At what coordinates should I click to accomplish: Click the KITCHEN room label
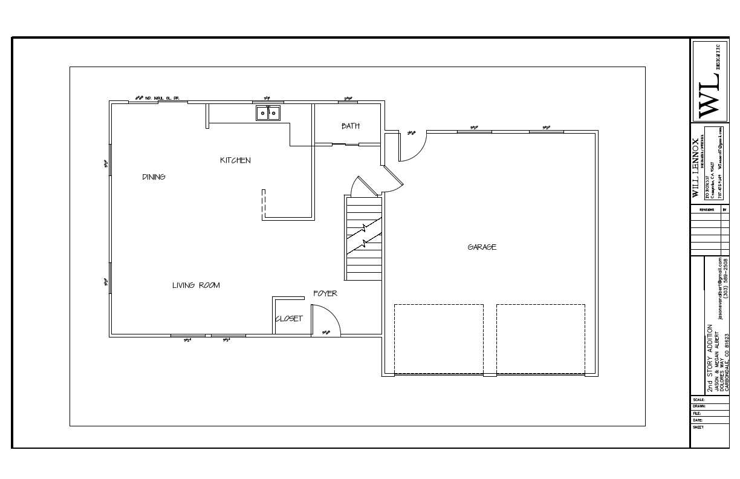pyautogui.click(x=235, y=160)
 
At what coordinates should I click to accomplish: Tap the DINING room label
pyautogui.click(x=154, y=177)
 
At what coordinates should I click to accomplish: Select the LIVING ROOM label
pyautogui.click(x=196, y=285)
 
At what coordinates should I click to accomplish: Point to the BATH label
pyautogui.click(x=350, y=126)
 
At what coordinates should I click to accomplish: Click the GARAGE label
pyautogui.click(x=482, y=247)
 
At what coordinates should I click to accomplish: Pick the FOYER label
pyautogui.click(x=325, y=293)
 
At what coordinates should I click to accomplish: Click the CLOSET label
pyautogui.click(x=289, y=319)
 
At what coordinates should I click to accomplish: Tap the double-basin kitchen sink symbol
pyautogui.click(x=268, y=112)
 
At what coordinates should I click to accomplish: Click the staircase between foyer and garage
pyautogui.click(x=364, y=237)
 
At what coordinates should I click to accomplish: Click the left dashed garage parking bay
pyautogui.click(x=439, y=339)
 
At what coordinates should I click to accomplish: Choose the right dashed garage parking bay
pyautogui.click(x=540, y=339)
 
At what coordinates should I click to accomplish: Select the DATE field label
pyautogui.click(x=698, y=420)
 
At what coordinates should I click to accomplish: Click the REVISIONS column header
pyautogui.click(x=706, y=210)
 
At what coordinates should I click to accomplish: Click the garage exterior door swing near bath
pyautogui.click(x=414, y=147)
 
